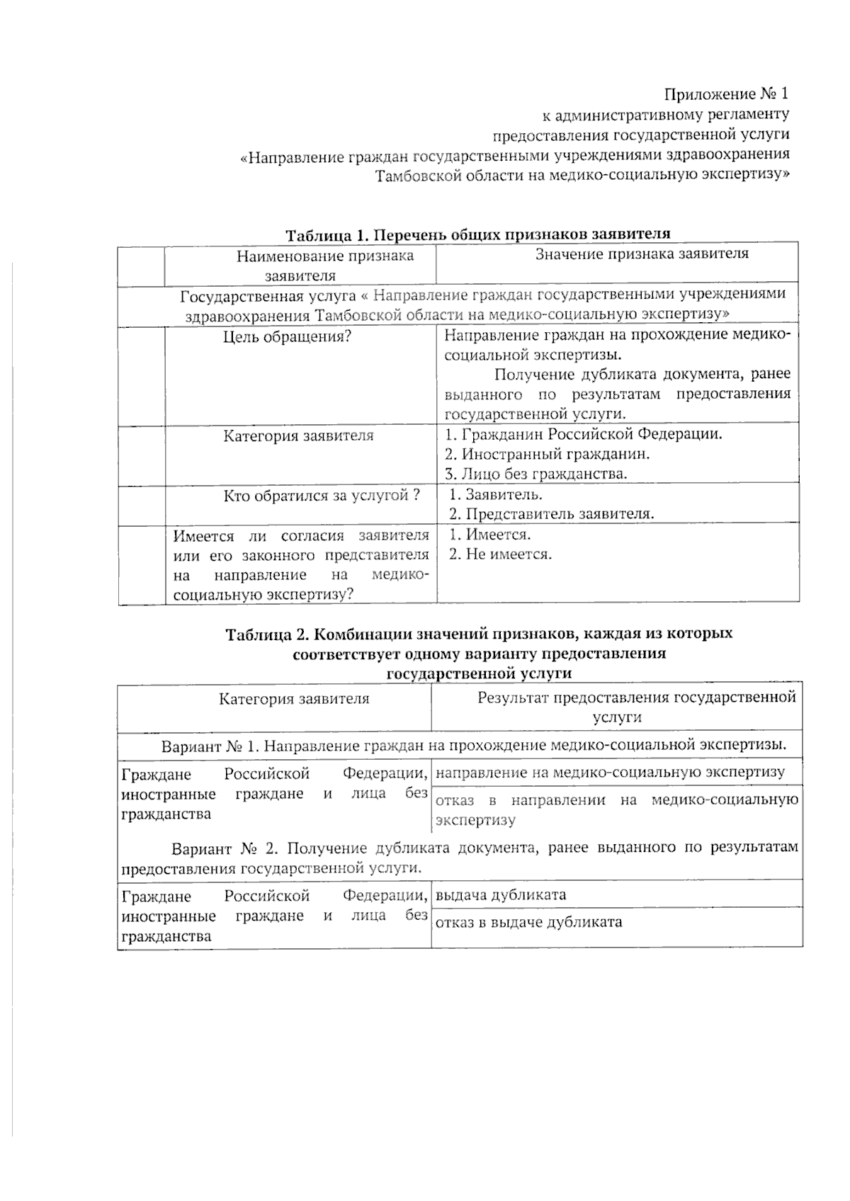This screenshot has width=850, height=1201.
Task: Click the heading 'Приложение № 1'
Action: point(725,93)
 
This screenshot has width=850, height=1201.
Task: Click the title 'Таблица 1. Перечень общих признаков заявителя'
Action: point(477,234)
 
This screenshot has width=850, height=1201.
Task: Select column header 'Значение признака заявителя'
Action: point(641,254)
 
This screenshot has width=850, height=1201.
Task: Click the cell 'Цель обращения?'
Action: point(287,337)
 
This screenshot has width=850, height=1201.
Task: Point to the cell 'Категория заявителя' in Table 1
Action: point(298,436)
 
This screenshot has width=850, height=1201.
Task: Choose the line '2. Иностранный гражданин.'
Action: point(547,454)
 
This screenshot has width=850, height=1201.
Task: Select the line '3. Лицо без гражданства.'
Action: point(536,474)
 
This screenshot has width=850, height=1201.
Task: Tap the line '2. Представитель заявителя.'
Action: point(552,514)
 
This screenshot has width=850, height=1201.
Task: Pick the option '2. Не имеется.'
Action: point(500,554)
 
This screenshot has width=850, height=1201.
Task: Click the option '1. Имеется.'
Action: point(490,535)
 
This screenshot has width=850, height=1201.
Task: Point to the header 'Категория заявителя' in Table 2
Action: point(294,699)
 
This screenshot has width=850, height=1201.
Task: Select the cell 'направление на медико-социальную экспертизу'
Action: point(610,773)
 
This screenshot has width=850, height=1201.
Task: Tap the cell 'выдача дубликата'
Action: point(501,894)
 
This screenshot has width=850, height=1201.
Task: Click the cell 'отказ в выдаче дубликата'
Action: point(528,922)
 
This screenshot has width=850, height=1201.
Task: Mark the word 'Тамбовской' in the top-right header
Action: point(413,174)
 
